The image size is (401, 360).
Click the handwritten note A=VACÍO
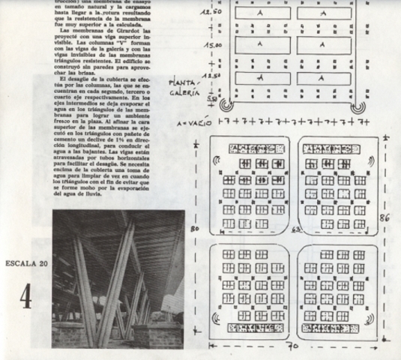(x=193, y=121)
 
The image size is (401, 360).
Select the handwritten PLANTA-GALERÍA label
(x=185, y=88)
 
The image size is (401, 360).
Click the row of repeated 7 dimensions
(x=300, y=121)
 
